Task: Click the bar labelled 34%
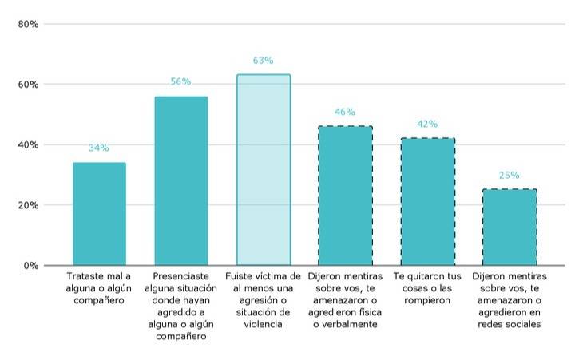99,214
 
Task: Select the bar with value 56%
180,181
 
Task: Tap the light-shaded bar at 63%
263,170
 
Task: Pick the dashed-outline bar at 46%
345,196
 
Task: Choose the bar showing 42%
427,202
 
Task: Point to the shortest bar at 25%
510,227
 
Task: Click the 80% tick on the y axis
30,24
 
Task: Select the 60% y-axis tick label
30,85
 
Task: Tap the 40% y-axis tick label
30,144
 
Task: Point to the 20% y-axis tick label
30,205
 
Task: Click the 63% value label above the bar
263,61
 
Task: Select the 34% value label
99,148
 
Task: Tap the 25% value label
510,175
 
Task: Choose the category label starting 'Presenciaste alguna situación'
180,306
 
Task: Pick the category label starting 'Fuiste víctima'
263,300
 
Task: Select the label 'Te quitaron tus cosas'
427,288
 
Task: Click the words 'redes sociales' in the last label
510,325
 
